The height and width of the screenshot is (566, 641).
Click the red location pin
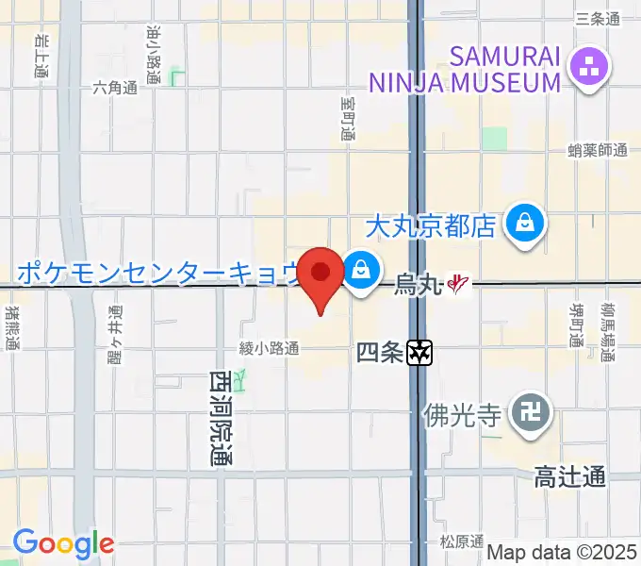(x=321, y=275)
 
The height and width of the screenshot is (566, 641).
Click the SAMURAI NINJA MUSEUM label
(x=465, y=70)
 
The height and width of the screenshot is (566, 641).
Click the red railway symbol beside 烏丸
(x=458, y=282)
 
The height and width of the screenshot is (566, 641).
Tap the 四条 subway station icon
(x=420, y=354)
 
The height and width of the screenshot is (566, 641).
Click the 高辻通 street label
(x=569, y=478)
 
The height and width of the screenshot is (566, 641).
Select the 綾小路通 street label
(x=269, y=349)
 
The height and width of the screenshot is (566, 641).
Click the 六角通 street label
(x=115, y=88)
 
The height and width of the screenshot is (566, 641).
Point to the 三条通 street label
(x=597, y=19)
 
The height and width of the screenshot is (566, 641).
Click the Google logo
(x=63, y=543)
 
